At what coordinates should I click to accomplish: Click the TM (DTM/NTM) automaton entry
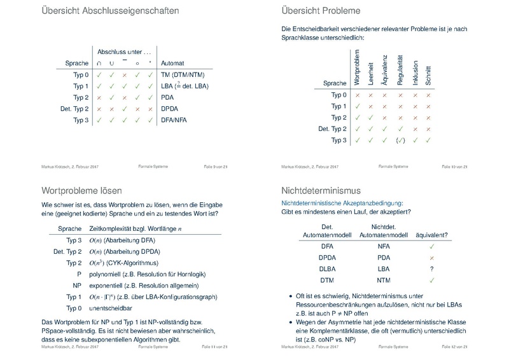click(x=182, y=74)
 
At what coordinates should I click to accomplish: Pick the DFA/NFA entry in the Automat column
click(x=174, y=120)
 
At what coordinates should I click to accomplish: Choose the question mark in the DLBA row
click(x=431, y=268)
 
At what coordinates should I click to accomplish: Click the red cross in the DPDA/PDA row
click(x=431, y=257)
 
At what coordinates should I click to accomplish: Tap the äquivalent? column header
click(x=431, y=234)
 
